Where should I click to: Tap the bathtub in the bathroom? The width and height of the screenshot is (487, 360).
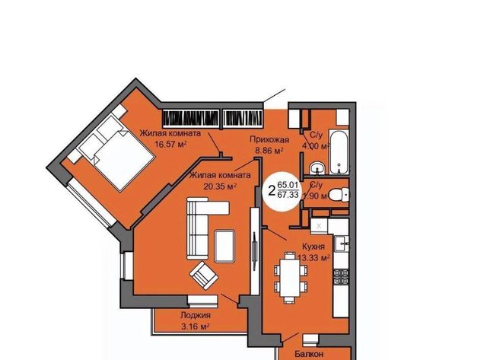(x=339, y=153)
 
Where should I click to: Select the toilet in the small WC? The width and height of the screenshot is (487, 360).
(x=339, y=195)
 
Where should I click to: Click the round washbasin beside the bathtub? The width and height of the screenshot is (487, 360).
(x=317, y=168)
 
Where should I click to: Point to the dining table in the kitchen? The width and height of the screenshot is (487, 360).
(x=290, y=277)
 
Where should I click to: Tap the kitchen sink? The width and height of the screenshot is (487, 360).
(x=342, y=244)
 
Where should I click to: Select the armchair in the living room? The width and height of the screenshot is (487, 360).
(x=204, y=276)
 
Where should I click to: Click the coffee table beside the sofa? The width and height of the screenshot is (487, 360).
(x=224, y=247)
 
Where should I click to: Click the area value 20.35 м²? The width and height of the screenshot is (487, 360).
(x=220, y=186)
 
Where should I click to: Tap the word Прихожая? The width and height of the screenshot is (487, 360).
(x=269, y=140)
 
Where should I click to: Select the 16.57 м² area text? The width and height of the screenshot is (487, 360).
(x=170, y=145)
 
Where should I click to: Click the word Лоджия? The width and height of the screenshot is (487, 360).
(x=196, y=315)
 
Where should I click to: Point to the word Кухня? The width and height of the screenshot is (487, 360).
(x=314, y=247)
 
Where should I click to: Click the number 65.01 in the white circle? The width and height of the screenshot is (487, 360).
(x=288, y=185)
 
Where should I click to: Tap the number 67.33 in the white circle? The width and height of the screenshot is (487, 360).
(x=288, y=195)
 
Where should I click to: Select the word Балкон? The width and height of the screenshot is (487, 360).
(x=309, y=354)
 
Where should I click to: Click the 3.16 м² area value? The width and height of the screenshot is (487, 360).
(x=195, y=327)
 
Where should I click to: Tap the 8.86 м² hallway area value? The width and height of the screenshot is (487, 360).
(x=269, y=151)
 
